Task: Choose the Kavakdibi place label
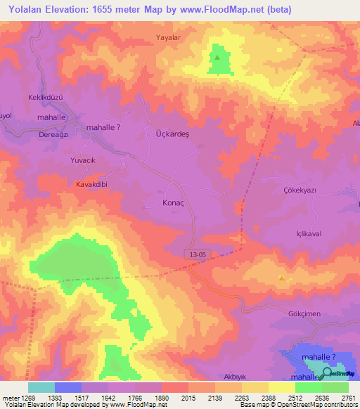coord(91,184)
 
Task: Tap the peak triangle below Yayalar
coord(217,58)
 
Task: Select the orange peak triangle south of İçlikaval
coord(282,278)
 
